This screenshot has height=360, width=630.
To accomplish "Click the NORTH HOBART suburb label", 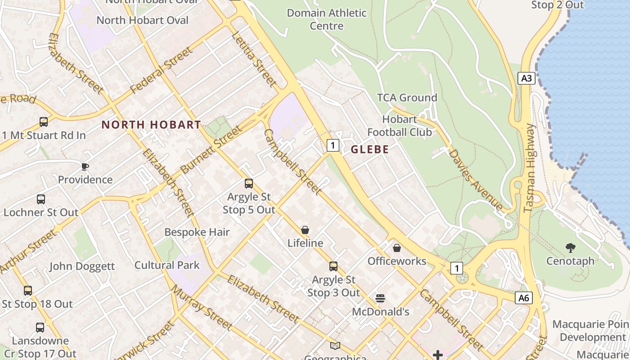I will click(151, 125).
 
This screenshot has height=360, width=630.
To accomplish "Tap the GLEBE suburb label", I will click(369, 149).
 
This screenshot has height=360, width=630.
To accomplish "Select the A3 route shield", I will click(526, 78).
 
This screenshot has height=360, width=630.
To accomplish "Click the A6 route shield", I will click(524, 297).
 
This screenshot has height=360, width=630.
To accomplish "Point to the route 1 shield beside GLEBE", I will click(333, 145).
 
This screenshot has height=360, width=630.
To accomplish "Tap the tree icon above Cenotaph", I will click(570, 247).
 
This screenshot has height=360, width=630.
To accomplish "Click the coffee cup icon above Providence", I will click(85, 166).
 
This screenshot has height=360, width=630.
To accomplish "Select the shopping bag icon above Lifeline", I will click(305, 230).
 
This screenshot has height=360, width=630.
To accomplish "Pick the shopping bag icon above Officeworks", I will click(397, 247).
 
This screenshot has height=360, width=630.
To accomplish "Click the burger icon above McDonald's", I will click(380, 298).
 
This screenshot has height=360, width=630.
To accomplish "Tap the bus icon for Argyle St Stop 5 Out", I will click(249, 183).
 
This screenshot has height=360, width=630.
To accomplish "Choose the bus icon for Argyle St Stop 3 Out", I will click(333, 266).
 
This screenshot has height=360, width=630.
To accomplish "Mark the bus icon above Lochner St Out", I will click(41, 199).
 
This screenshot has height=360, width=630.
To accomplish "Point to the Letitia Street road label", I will click(254, 59).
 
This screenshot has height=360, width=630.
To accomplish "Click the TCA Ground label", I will click(407, 98).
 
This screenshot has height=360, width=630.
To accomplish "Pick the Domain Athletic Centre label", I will click(326, 19).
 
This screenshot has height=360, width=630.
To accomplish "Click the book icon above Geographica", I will click(335, 346).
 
